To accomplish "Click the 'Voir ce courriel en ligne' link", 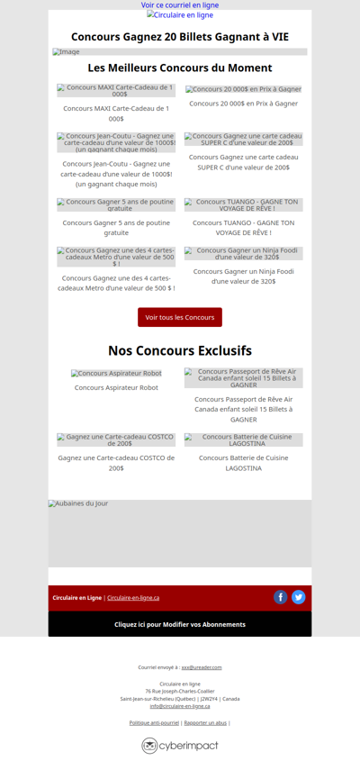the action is click(x=180, y=5).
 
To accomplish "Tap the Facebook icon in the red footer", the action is click(x=280, y=597).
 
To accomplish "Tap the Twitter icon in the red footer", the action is click(x=299, y=597).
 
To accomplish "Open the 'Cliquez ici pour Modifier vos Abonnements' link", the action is click(x=180, y=624).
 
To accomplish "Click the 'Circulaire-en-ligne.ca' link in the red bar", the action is click(x=133, y=598).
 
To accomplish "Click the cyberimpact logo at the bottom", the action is click(x=180, y=746).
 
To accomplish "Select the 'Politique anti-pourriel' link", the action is click(x=154, y=722).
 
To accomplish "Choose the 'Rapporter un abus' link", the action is click(x=205, y=722).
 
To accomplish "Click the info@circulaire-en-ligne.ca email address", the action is click(x=180, y=706).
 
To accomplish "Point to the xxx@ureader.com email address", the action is click(x=202, y=667).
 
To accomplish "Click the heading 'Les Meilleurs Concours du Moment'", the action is click(x=180, y=68).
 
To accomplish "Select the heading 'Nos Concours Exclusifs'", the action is click(x=180, y=350).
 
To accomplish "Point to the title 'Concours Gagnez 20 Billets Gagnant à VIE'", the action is click(x=180, y=37).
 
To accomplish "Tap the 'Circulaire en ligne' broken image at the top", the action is click(x=180, y=15).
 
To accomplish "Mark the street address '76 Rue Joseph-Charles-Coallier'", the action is click(x=180, y=691).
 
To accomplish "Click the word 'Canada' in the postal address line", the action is click(x=231, y=699).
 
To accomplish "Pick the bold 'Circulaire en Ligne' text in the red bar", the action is click(x=76, y=598).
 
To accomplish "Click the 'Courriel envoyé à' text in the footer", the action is click(x=158, y=667).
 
